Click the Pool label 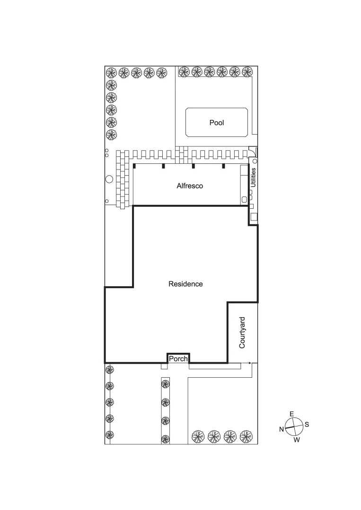coord(217,123)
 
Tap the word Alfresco coord(190,186)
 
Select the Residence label coord(185,284)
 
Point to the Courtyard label coord(242,332)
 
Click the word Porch coord(178,359)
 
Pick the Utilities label coord(254,178)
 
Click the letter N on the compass coord(282,429)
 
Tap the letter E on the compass coord(291,414)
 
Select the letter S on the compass coord(307,425)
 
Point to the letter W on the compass coord(297,440)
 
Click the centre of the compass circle coord(294,427)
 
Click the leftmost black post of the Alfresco coord(134,166)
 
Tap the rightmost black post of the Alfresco coord(223,166)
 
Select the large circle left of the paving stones coord(109,179)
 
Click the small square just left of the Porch coord(164,366)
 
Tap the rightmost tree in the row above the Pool coord(246,72)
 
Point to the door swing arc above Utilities coord(253,151)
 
